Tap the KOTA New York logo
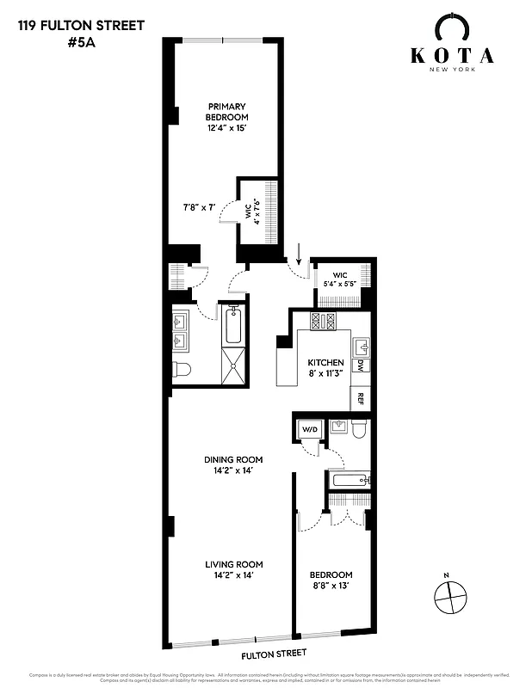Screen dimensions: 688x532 click(451, 52)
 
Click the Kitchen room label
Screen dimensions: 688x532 click(326, 367)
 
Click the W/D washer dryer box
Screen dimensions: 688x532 click(308, 429)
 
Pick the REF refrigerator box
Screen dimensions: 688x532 click(361, 398)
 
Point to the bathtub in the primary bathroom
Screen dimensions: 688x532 click(232, 326)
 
